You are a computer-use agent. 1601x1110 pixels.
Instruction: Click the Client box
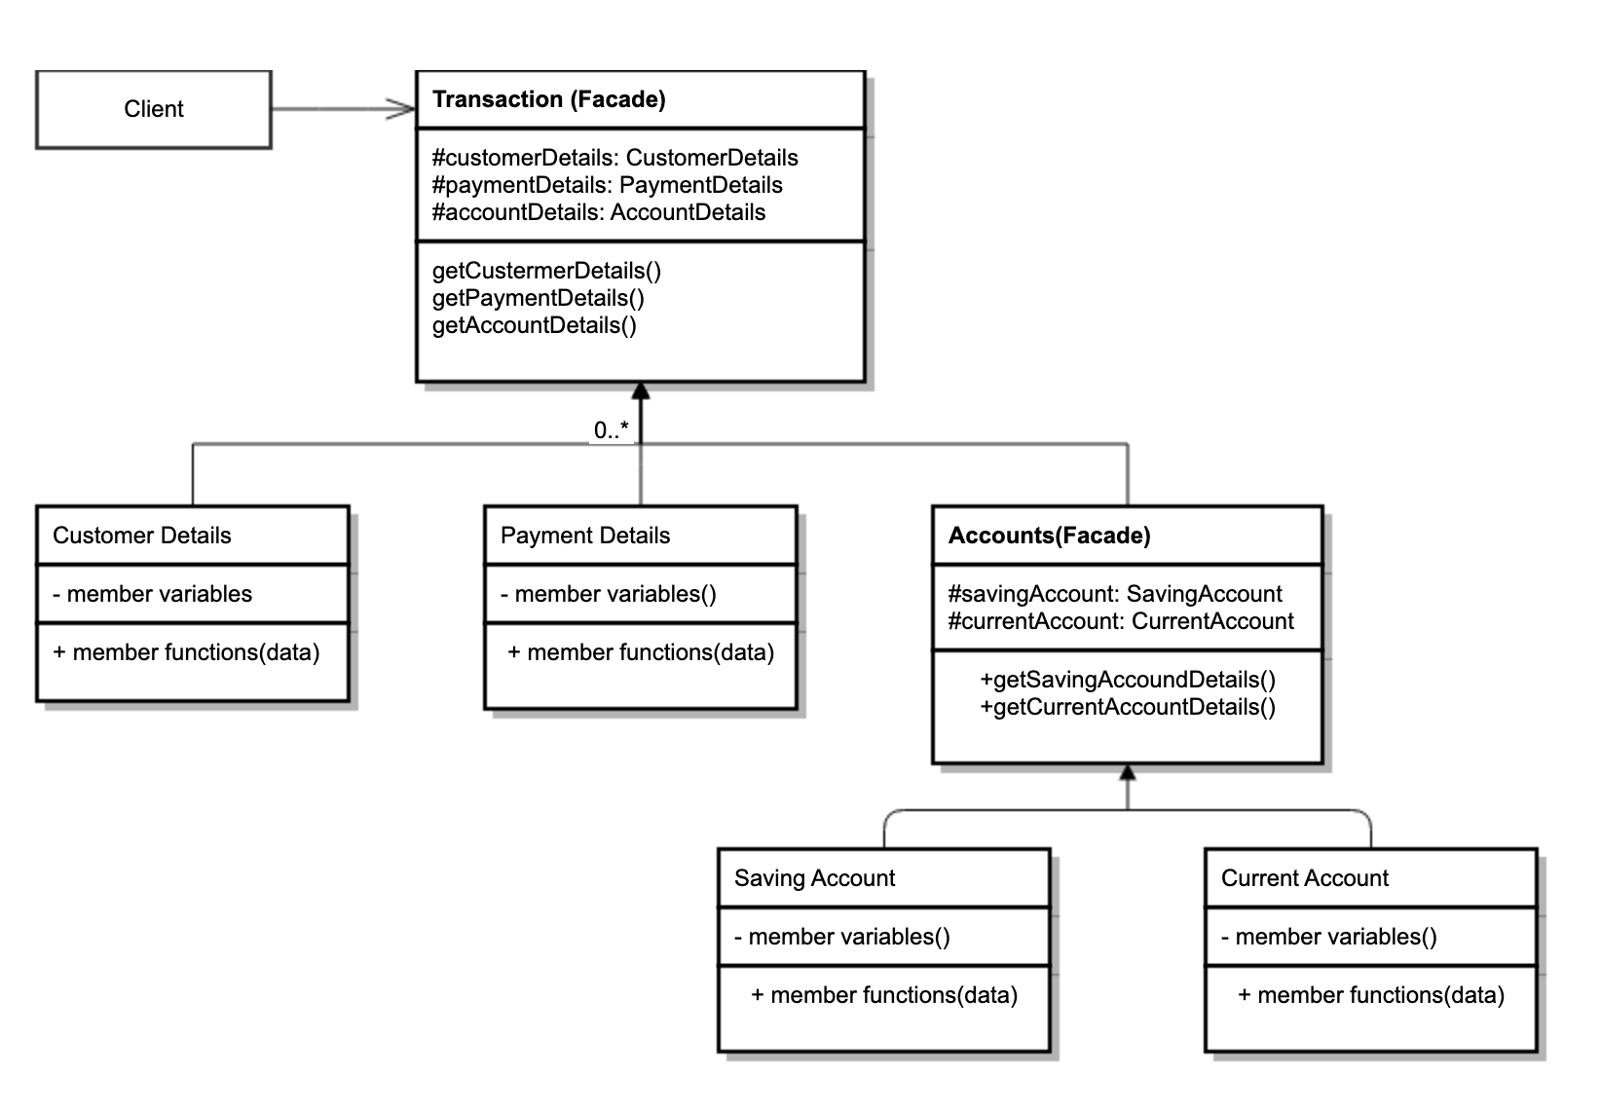click(154, 109)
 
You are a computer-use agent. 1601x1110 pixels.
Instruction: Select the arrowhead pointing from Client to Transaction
click(401, 109)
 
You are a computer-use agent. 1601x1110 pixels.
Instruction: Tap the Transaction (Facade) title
click(548, 99)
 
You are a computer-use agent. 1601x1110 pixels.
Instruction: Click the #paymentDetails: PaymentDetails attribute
click(607, 185)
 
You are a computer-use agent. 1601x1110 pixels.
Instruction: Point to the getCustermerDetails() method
click(546, 271)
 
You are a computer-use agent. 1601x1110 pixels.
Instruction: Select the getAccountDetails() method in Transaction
click(534, 325)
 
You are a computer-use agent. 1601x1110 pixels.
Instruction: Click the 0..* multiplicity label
click(611, 430)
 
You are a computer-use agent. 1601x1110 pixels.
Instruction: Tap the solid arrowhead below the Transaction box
click(640, 391)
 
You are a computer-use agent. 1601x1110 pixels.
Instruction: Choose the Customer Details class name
click(142, 536)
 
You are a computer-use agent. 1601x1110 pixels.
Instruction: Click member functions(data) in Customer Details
click(195, 652)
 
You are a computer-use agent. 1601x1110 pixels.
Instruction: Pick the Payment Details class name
click(585, 536)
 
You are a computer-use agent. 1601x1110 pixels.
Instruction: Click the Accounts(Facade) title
click(1049, 536)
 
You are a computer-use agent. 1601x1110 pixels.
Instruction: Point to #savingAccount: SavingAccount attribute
click(1115, 594)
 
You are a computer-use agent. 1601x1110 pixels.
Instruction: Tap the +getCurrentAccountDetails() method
click(1128, 707)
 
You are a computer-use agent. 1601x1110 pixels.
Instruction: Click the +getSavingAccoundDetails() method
click(1128, 680)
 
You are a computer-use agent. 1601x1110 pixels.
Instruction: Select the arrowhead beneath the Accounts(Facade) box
click(1128, 773)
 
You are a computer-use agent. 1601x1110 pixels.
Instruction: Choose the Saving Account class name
click(814, 878)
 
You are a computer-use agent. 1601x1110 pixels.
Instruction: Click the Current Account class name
click(1304, 878)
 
